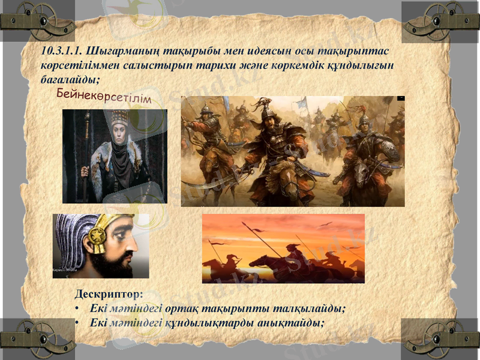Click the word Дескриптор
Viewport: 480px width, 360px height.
tap(109, 295)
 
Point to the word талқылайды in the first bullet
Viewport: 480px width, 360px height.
tap(309, 308)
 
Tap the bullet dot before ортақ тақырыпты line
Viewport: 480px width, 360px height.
tap(79, 309)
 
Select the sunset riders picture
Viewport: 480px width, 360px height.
tap(283, 248)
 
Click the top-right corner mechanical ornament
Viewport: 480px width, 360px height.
tap(440, 22)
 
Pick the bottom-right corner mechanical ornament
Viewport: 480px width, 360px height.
tap(440, 340)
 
